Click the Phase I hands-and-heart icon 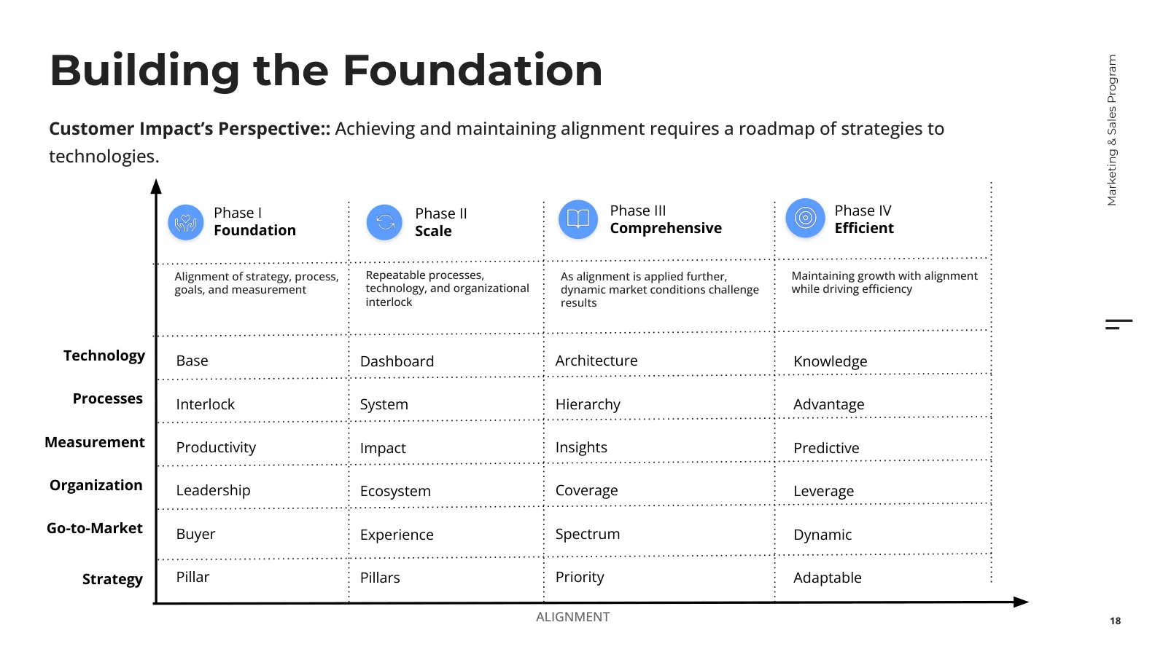186,222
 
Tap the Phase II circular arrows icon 385,222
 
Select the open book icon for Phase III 578,219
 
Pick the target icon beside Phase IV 806,218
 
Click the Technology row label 104,356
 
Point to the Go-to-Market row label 94,529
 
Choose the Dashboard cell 397,361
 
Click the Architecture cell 596,361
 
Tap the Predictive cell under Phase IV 827,448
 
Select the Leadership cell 214,490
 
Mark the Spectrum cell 588,534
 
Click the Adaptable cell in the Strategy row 828,578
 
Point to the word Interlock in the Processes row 205,404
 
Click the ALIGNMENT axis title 573,617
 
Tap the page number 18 1116,621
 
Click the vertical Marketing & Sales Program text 1112,130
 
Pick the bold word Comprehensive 666,228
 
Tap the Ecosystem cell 395,491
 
